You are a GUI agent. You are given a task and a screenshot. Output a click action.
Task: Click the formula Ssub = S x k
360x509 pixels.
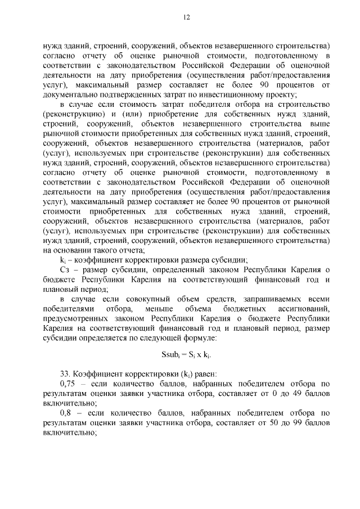[186, 355]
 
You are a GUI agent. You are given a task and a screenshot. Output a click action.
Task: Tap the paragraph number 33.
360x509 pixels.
[65, 373]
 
